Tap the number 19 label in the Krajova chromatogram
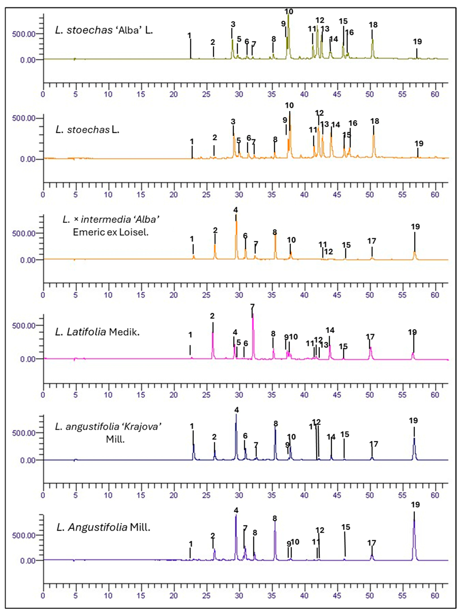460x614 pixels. tap(413, 420)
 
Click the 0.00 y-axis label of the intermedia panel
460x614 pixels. tap(28, 260)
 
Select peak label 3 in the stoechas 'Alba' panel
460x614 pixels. tap(233, 24)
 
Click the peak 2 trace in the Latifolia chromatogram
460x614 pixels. tap(213, 344)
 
